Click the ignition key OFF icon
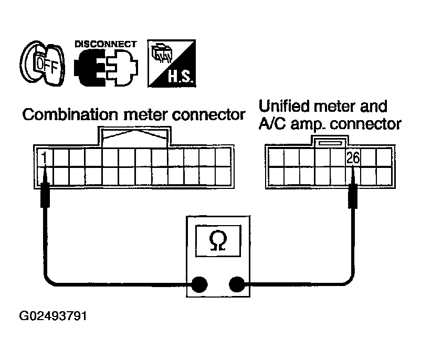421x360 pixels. point(43,63)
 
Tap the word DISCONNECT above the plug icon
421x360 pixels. point(106,44)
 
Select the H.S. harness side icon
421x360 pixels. point(172,63)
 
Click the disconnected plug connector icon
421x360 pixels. point(106,67)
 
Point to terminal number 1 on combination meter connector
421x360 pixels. point(44,157)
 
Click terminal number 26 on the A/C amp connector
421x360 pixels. point(353,157)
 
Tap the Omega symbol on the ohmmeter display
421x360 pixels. point(218,241)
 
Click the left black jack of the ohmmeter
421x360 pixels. point(199,284)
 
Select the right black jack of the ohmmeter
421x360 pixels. point(237,284)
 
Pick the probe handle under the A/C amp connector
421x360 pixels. point(353,197)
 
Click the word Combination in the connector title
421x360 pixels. point(70,115)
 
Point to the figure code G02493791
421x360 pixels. point(53,316)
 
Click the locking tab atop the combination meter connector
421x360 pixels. point(135,136)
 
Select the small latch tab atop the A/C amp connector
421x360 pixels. point(330,141)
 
